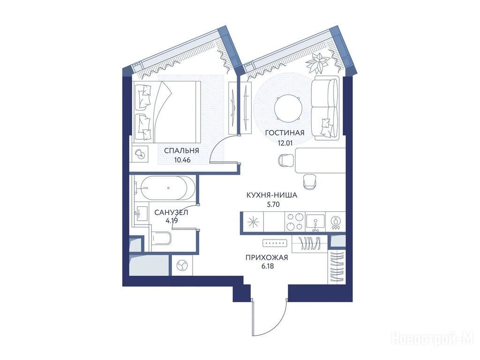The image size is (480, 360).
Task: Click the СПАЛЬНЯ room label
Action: click(181, 150)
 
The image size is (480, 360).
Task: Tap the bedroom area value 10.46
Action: click(182, 160)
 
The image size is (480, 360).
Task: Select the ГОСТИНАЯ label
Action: click(285, 133)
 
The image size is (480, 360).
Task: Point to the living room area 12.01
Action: click(285, 142)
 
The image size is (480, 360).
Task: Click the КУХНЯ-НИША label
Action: click(272, 195)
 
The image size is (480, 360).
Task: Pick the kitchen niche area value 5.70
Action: click(273, 205)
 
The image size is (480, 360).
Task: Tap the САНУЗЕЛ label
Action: click(171, 212)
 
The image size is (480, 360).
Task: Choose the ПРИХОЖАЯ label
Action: click(267, 257)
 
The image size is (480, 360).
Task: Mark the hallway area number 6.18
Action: click(268, 266)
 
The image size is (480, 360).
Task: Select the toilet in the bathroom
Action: click(161, 238)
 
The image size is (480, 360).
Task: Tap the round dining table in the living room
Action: click(288, 109)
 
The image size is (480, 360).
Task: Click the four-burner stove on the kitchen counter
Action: click(295, 222)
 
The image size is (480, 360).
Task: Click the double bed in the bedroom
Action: click(166, 112)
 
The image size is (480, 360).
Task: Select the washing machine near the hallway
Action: click(182, 265)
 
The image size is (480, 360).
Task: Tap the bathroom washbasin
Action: click(142, 213)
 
